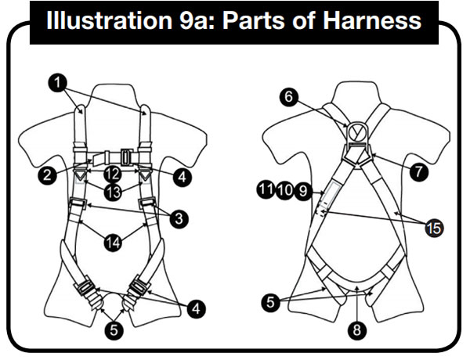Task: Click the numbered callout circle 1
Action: tap(58, 82)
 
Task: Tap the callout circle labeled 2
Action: tap(47, 175)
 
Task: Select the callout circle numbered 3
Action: tap(179, 218)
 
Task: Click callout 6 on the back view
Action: tap(288, 97)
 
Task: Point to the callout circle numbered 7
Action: tap(419, 172)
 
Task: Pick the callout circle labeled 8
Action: tap(356, 330)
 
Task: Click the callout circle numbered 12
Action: tap(113, 174)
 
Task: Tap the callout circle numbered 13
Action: tap(114, 192)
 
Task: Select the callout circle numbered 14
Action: tap(114, 242)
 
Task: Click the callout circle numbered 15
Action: tap(434, 229)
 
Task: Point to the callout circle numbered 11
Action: tap(266, 190)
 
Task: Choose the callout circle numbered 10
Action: tap(285, 190)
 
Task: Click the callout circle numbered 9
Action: tap(303, 191)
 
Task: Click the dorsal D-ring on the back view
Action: tap(358, 131)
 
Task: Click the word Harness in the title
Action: tap(372, 20)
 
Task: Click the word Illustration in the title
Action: tap(110, 20)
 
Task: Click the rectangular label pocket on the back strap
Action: tap(331, 194)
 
